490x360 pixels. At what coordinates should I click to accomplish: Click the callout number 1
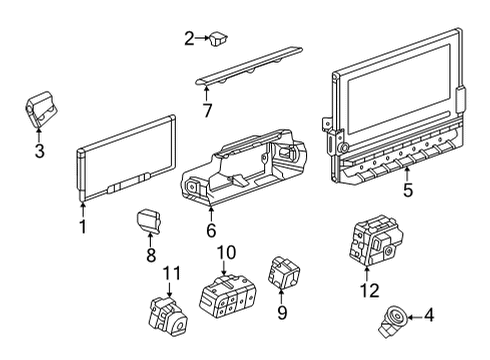pyautogui.click(x=82, y=227)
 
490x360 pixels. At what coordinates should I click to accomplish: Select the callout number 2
pyautogui.click(x=189, y=39)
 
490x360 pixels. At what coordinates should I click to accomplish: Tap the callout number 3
pyautogui.click(x=39, y=152)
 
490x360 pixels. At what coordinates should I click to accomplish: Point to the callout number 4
pyautogui.click(x=428, y=317)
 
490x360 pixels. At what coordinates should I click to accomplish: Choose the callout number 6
pyautogui.click(x=211, y=231)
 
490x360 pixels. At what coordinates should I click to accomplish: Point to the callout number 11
pyautogui.click(x=172, y=273)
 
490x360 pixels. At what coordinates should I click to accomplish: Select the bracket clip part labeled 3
pyautogui.click(x=41, y=108)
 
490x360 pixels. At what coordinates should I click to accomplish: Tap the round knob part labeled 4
pyautogui.click(x=390, y=320)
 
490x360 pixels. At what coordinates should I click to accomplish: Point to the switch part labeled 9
pyautogui.click(x=280, y=271)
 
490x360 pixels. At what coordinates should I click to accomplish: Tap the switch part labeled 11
pyautogui.click(x=164, y=313)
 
